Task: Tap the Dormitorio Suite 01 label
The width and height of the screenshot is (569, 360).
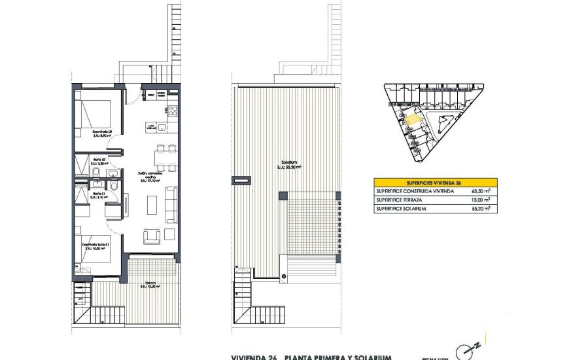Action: [96, 246]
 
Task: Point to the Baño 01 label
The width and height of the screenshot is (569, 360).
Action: [99, 194]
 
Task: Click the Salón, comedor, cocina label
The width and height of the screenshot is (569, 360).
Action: [150, 175]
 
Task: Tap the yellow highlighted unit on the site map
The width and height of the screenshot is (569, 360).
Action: [413, 119]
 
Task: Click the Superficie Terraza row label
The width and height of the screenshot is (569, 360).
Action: [399, 200]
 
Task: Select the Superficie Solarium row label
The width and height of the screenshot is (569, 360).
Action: [400, 208]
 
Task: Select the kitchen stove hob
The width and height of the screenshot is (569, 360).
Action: [173, 110]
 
